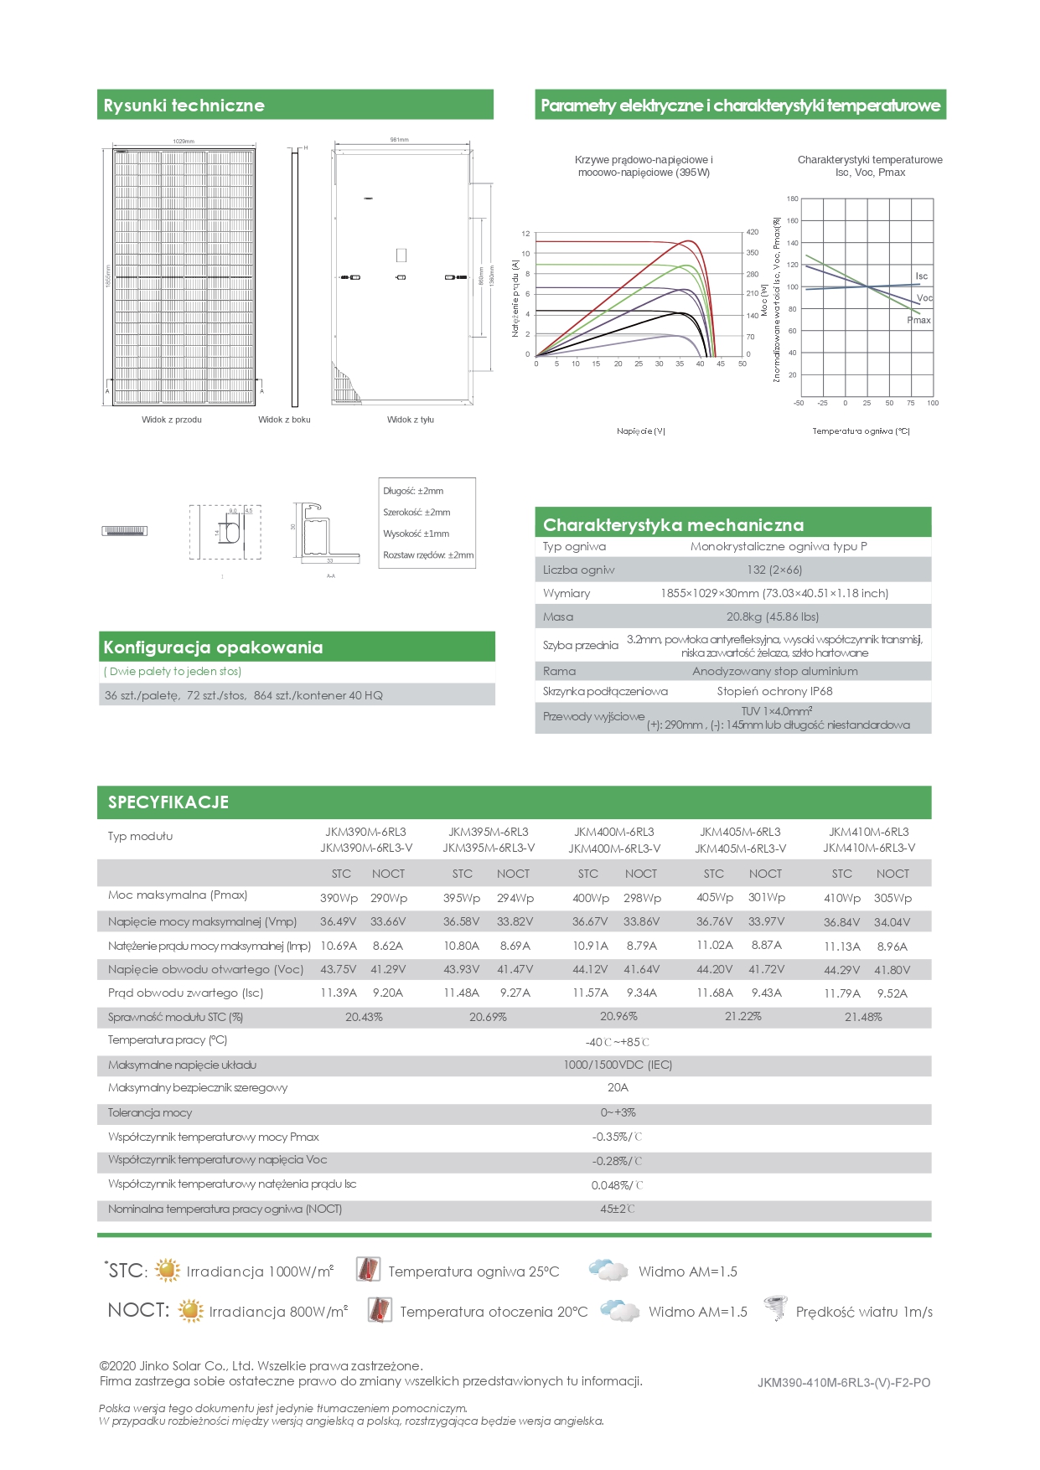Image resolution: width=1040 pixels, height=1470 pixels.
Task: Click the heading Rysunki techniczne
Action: point(184,106)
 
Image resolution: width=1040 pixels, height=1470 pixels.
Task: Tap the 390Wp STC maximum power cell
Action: point(339,898)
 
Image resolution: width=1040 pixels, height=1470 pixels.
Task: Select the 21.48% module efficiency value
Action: point(863,1017)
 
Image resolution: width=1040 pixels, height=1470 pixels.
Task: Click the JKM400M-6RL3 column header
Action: point(613,832)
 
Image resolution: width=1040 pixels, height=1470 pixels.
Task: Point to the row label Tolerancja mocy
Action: point(150,1112)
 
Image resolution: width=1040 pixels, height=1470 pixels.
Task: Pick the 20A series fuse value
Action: point(618,1087)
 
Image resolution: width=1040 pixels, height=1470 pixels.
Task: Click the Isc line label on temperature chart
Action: point(921,276)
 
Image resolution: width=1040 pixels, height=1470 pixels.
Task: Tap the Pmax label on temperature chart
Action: point(919,320)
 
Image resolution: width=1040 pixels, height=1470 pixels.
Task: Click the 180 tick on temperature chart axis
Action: point(792,199)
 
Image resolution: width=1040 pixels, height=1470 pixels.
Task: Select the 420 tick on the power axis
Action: point(753,232)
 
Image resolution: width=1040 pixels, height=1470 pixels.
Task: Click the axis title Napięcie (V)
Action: point(641,431)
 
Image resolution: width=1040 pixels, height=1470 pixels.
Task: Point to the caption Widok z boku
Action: point(284,420)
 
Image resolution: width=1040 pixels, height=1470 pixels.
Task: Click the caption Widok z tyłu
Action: point(411,420)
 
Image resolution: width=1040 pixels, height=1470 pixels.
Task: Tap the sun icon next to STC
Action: point(168,1270)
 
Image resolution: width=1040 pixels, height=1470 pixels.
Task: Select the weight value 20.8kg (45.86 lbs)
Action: point(772,616)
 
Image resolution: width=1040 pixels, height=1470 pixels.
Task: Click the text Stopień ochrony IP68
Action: point(774,691)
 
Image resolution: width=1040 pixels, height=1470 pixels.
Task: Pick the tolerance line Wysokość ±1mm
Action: point(416,534)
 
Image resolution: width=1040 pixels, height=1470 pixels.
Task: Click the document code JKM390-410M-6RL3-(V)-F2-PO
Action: point(843,1383)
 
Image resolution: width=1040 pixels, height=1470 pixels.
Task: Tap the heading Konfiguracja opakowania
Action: point(213,647)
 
